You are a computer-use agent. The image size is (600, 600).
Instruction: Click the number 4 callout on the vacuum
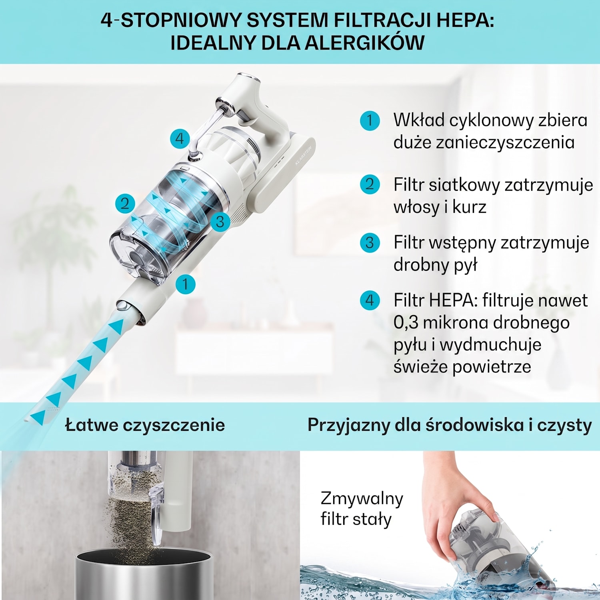click(180, 139)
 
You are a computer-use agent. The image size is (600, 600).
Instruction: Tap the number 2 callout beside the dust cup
click(125, 203)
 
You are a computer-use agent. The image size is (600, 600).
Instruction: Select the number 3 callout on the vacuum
click(220, 222)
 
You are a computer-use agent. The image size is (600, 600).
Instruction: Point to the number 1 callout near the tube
click(185, 284)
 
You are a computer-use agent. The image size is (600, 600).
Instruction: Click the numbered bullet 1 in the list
click(370, 120)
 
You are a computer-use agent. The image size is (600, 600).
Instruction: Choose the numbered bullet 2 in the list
click(370, 184)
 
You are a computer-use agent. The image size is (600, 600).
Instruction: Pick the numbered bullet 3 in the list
click(370, 242)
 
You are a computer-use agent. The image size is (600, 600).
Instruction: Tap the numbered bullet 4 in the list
click(370, 300)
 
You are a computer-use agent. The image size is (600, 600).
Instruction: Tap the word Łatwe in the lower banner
click(91, 424)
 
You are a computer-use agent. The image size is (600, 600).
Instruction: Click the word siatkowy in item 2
click(464, 185)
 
